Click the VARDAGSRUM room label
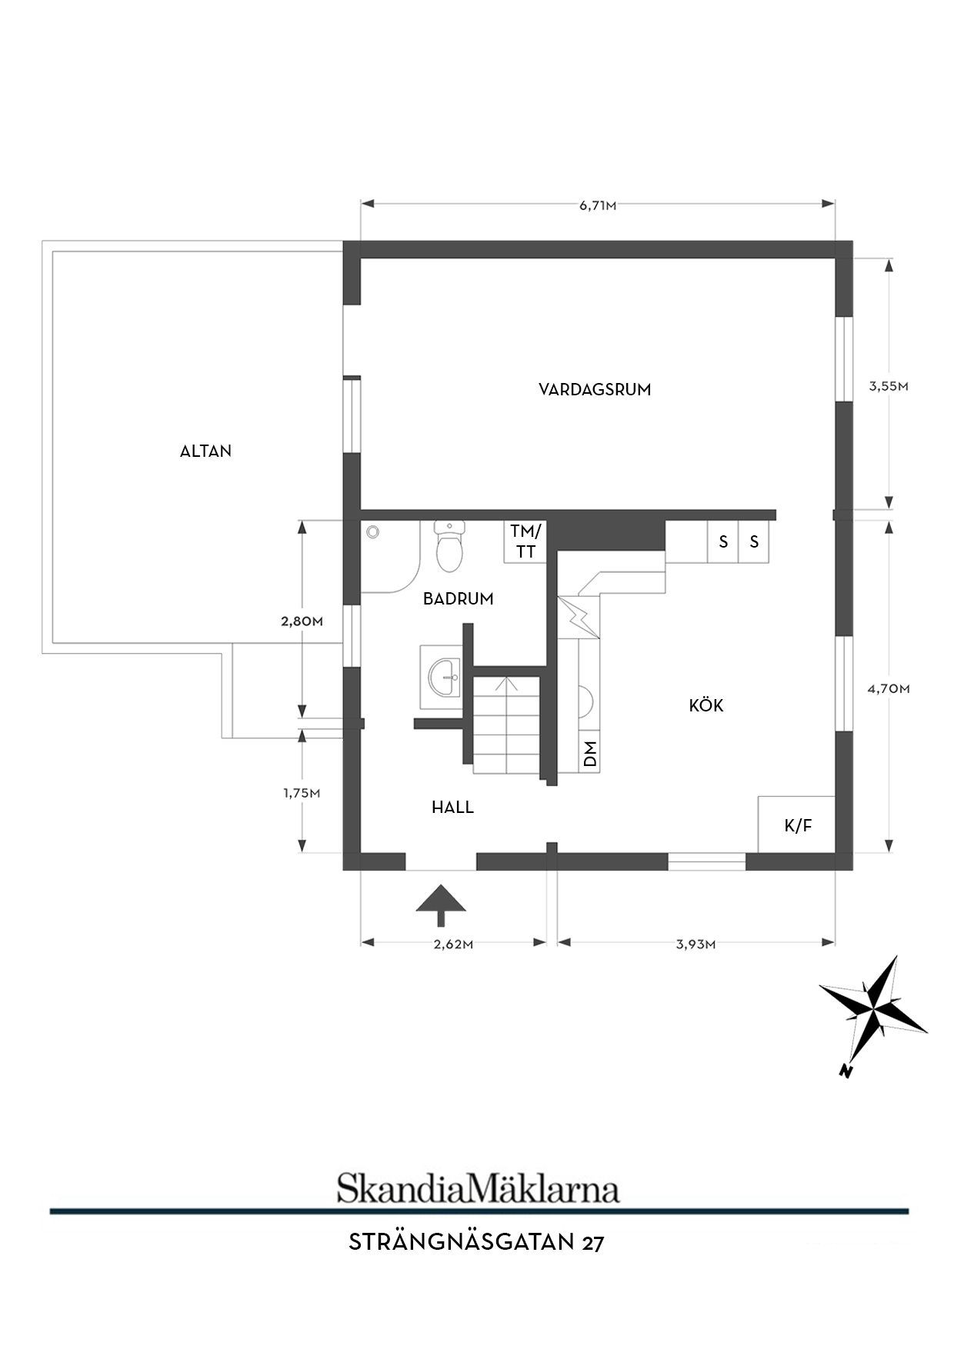595,389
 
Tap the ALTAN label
205,451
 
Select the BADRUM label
459,598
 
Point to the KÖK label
706,705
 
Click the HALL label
452,808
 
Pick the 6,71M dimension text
598,205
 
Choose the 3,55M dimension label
889,387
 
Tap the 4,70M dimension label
889,689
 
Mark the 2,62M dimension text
453,945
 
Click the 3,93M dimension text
696,945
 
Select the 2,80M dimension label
302,621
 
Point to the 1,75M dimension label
302,794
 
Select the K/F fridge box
796,824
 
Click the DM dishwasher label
590,753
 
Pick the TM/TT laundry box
526,541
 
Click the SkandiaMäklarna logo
478,1188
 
